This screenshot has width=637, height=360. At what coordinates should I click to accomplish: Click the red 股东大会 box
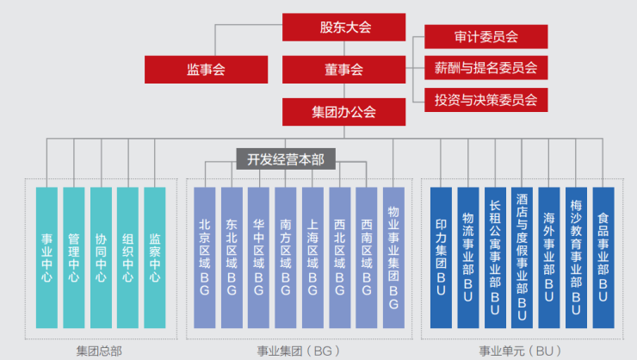[343, 27]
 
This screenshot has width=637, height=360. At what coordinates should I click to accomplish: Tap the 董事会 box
[343, 69]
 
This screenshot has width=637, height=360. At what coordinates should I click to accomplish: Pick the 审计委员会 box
[485, 37]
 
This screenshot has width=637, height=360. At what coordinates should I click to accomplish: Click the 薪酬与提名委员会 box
[485, 68]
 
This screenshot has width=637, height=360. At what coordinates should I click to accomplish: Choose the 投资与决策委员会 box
[485, 99]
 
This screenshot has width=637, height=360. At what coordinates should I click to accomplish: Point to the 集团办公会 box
[343, 111]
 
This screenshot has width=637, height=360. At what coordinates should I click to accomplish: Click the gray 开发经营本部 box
[286, 158]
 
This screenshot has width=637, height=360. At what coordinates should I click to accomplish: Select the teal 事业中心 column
[47, 257]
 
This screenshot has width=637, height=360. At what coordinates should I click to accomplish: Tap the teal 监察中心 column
[155, 257]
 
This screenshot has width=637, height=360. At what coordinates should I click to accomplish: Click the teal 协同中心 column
[101, 257]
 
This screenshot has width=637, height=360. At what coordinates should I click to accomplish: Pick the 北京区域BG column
[205, 257]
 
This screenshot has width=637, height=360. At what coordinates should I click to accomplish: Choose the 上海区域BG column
[312, 257]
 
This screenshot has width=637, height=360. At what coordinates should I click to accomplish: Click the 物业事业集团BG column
[393, 257]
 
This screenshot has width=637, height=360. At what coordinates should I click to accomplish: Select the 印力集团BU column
[441, 257]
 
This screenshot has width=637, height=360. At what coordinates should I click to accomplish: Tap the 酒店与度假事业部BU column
[522, 257]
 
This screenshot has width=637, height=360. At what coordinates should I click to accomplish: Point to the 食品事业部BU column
[603, 257]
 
